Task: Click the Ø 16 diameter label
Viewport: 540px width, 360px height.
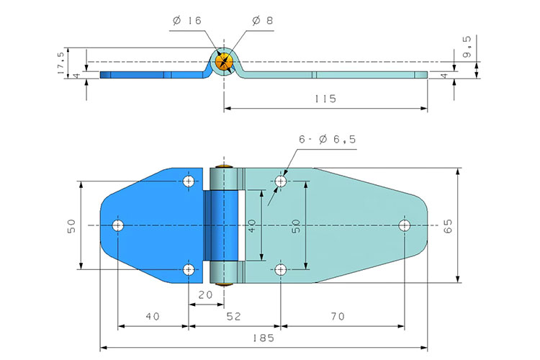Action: [x=186, y=21]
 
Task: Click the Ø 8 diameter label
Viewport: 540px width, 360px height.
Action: [x=263, y=21]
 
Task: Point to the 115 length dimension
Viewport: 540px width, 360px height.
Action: [x=325, y=99]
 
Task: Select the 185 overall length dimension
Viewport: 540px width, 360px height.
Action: [x=264, y=336]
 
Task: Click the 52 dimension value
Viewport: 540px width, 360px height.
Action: [x=235, y=315]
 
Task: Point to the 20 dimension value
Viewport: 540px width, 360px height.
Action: [x=205, y=294]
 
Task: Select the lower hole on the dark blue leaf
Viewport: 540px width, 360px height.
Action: [x=189, y=270]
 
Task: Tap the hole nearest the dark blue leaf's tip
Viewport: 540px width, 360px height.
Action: [x=118, y=225]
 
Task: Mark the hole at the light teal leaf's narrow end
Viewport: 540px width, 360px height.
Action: [x=405, y=225]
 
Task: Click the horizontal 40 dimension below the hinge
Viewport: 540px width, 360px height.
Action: [x=153, y=315]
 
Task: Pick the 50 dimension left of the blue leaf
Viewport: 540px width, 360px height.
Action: [x=71, y=226]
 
